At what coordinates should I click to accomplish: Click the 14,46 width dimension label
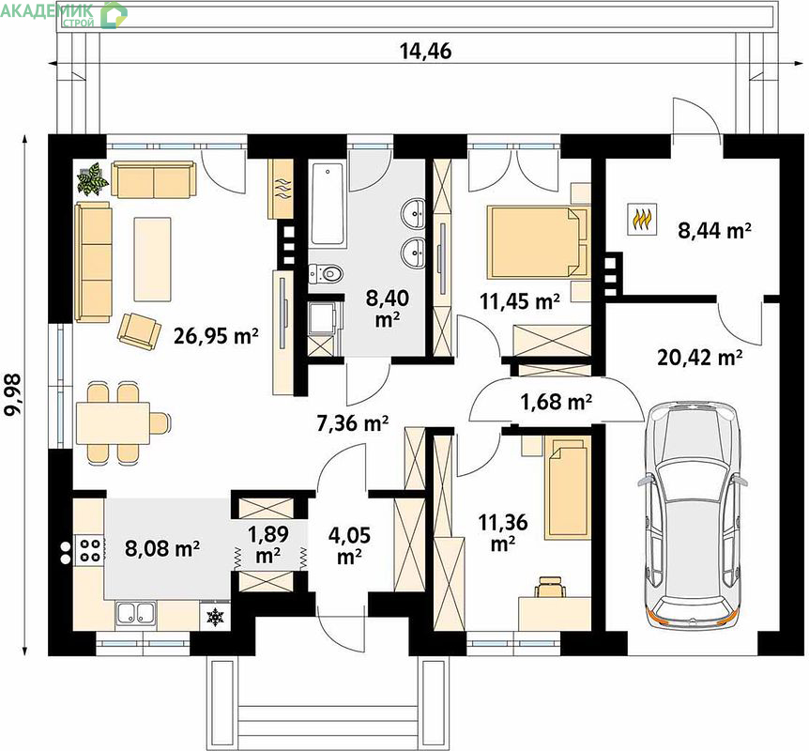click(426, 51)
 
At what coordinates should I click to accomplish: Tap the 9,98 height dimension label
click(12, 394)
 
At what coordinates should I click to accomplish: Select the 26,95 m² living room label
click(216, 336)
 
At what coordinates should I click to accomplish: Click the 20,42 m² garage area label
click(700, 357)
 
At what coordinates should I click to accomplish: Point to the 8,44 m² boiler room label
click(714, 230)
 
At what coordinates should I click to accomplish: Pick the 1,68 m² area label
click(556, 401)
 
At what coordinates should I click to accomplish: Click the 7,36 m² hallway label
click(352, 423)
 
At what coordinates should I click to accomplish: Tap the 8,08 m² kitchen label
click(162, 548)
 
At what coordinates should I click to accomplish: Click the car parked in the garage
click(693, 514)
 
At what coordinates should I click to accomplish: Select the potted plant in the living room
click(92, 178)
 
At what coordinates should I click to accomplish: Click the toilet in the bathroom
click(325, 273)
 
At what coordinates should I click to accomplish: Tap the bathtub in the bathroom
click(327, 205)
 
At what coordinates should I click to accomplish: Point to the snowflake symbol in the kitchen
click(215, 616)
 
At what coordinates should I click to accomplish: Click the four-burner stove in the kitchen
click(89, 550)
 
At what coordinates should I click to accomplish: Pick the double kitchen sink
click(136, 613)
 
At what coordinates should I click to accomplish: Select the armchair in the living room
click(138, 331)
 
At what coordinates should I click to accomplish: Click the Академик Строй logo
click(64, 14)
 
